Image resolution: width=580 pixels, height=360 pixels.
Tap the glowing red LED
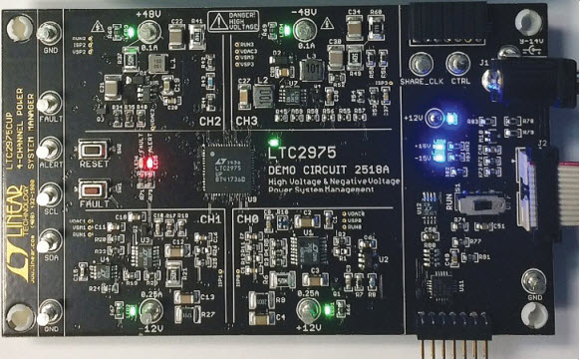[145, 161]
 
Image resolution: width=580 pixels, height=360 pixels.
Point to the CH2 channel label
[210, 121]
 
